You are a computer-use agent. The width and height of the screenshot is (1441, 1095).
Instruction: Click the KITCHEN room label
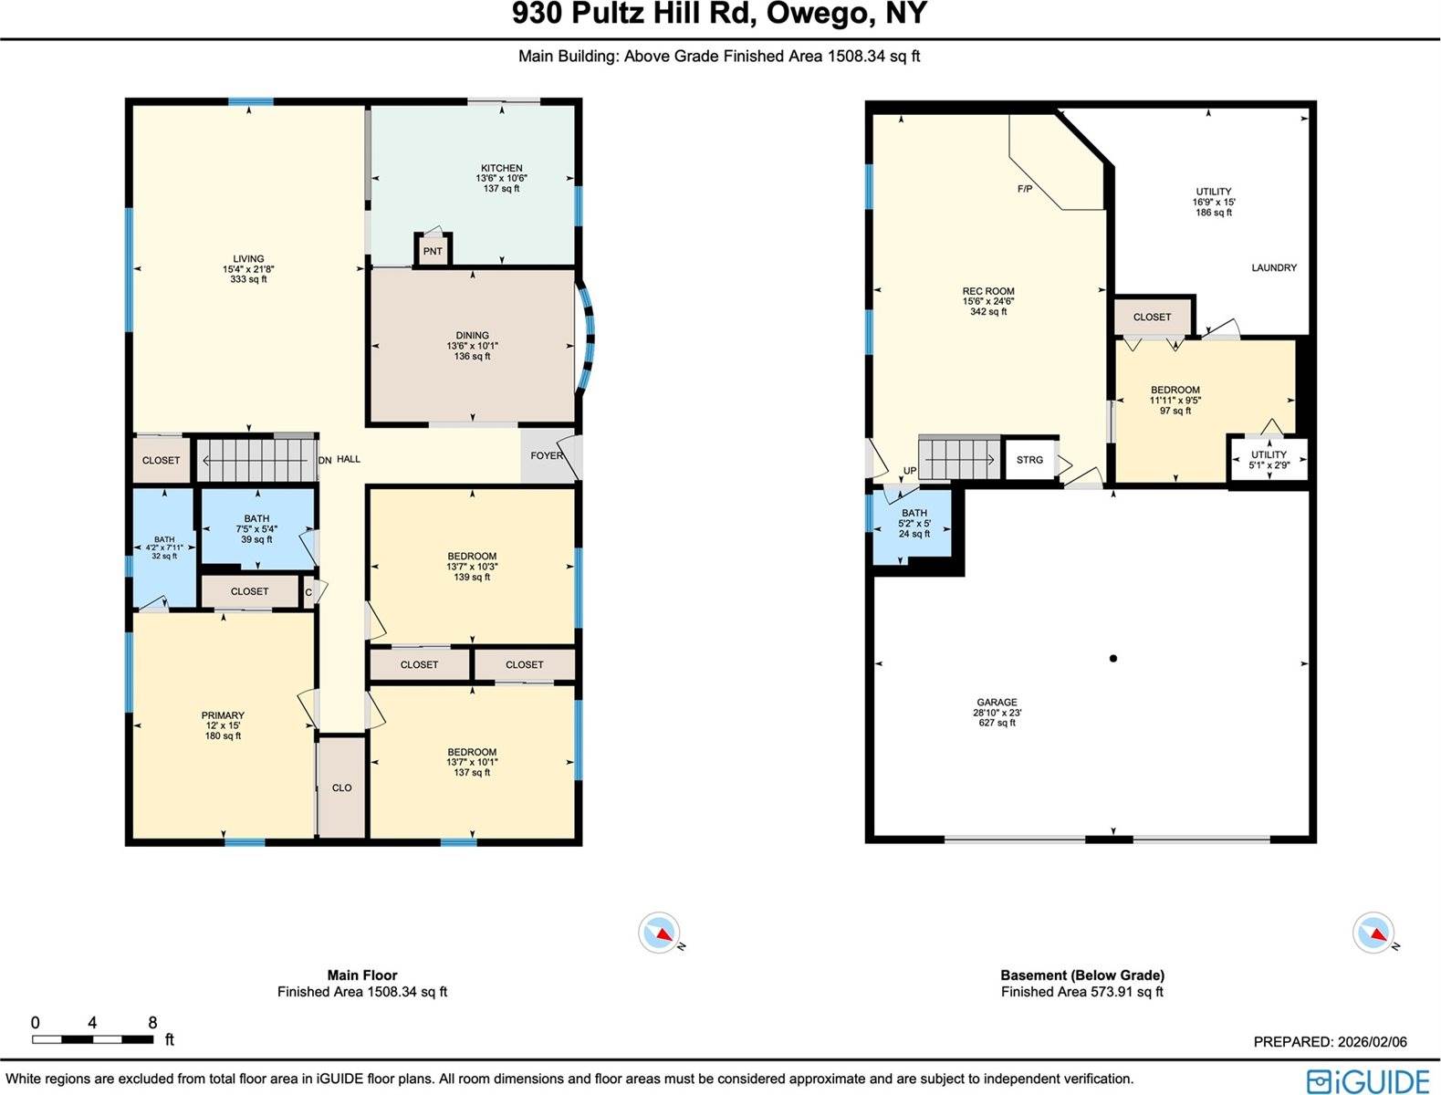tap(502, 168)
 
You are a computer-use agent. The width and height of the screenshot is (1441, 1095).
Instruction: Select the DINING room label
tap(472, 335)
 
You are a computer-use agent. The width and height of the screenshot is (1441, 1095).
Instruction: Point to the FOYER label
tap(547, 455)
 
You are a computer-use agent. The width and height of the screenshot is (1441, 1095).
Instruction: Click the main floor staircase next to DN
tap(258, 460)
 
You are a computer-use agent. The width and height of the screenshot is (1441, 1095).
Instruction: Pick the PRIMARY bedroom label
tap(223, 714)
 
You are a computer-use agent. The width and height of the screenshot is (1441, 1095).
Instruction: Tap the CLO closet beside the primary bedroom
tap(341, 787)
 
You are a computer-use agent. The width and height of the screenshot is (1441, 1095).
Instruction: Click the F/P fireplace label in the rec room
tap(1025, 189)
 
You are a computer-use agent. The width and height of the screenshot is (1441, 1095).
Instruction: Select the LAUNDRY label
tap(1274, 268)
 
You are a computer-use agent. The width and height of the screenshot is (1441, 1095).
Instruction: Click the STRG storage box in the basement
tap(1030, 460)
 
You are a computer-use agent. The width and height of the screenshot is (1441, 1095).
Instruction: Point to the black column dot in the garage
tap(1113, 659)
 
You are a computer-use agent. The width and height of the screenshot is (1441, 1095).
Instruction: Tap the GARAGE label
tap(997, 702)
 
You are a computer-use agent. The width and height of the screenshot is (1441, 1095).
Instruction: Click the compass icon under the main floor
tap(659, 932)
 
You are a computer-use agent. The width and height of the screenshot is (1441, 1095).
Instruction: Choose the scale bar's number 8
tap(152, 1022)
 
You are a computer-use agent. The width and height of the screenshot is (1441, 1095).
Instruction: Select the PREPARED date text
tap(1330, 1042)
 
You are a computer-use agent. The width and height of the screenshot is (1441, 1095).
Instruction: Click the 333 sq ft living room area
tap(248, 279)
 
